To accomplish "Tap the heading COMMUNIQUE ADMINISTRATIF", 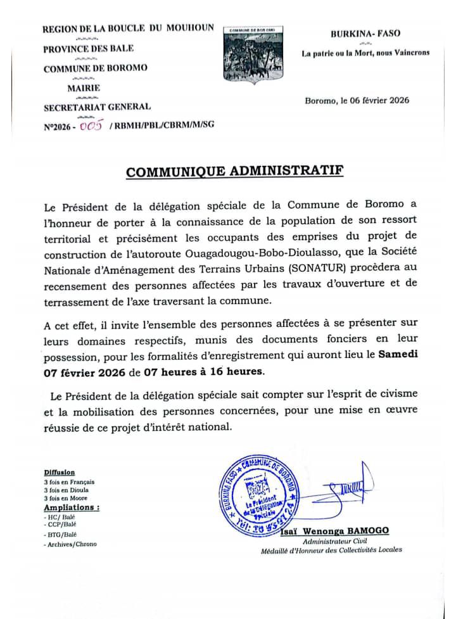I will (234, 172).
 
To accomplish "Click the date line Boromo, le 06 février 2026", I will (357, 100).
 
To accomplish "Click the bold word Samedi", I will (398, 355).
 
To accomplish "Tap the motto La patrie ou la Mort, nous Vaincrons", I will (365, 53).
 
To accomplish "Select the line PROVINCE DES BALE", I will (88, 49).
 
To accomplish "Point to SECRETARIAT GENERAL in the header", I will (97, 106).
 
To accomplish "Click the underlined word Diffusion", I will (60, 473).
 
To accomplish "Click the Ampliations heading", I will (71, 507).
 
